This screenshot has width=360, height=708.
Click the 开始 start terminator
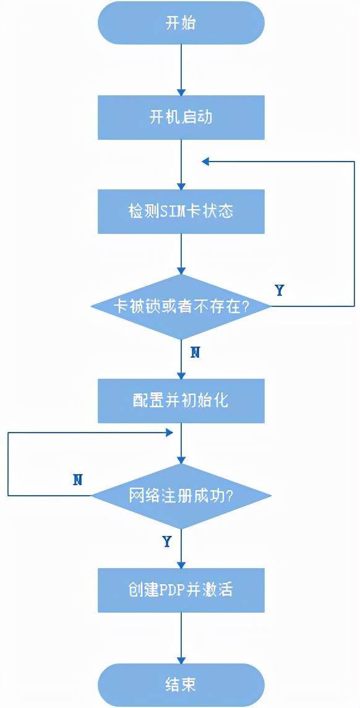[x=181, y=23]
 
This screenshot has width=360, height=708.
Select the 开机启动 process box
[x=181, y=118]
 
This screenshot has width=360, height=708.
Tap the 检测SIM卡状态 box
[x=181, y=211]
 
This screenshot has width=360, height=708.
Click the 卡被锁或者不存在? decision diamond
[x=181, y=306]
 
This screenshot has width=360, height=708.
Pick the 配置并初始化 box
[x=181, y=401]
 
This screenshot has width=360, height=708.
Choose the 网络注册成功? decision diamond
[x=181, y=496]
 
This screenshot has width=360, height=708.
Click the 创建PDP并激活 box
[x=181, y=590]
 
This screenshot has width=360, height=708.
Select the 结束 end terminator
[x=181, y=684]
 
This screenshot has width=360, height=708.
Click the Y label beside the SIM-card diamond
[x=280, y=290]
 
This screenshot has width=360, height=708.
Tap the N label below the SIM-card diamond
[x=195, y=353]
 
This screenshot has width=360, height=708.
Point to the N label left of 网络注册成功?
[x=77, y=480]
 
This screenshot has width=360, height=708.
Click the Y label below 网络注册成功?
[x=167, y=542]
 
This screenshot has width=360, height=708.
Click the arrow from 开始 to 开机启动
[x=181, y=70]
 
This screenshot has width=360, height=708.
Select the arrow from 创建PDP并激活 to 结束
[x=181, y=637]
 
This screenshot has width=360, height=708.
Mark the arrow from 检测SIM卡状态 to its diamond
[x=181, y=254]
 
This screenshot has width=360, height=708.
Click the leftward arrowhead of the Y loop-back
[x=206, y=161]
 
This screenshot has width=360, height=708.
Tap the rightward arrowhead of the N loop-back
[x=169, y=433]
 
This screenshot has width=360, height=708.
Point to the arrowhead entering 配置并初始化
[x=181, y=375]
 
